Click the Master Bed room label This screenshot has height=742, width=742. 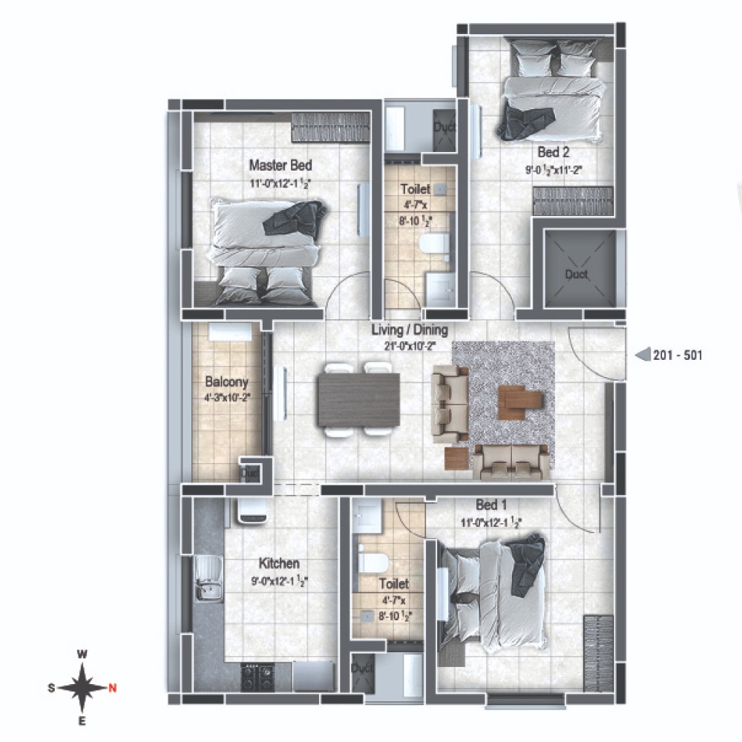click(x=280, y=165)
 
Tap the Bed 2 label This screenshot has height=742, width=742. click(x=554, y=153)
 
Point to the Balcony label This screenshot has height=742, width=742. click(x=226, y=383)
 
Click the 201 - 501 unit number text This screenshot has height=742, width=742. click(x=677, y=355)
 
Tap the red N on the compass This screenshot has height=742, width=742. click(x=113, y=688)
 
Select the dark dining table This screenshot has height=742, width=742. click(x=358, y=400)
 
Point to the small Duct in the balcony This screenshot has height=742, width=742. click(x=249, y=471)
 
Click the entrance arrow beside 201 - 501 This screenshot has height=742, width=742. click(x=643, y=355)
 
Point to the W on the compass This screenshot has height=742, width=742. click(x=83, y=654)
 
